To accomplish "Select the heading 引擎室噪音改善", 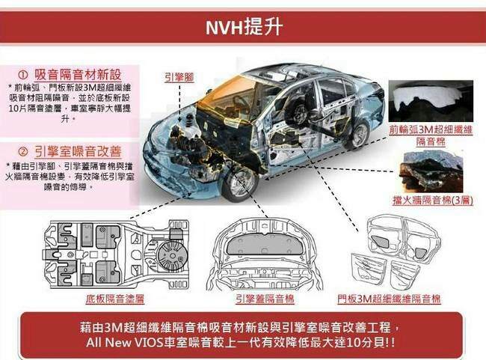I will click(x=78, y=150).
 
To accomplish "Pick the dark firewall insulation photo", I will click(x=432, y=168).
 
